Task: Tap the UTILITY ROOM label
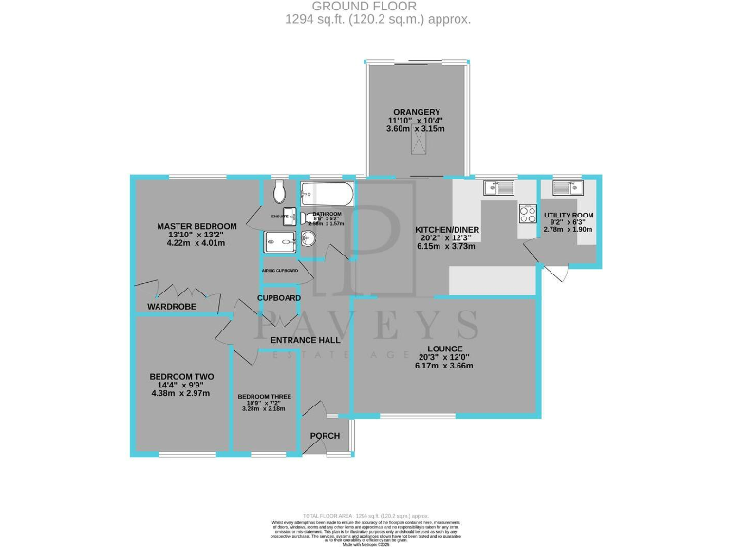pos(569,216)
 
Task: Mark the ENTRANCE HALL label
pos(305,339)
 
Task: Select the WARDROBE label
pos(171,306)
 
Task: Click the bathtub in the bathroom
pos(327,195)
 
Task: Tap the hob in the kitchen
pos(527,215)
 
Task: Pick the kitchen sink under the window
pos(497,187)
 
